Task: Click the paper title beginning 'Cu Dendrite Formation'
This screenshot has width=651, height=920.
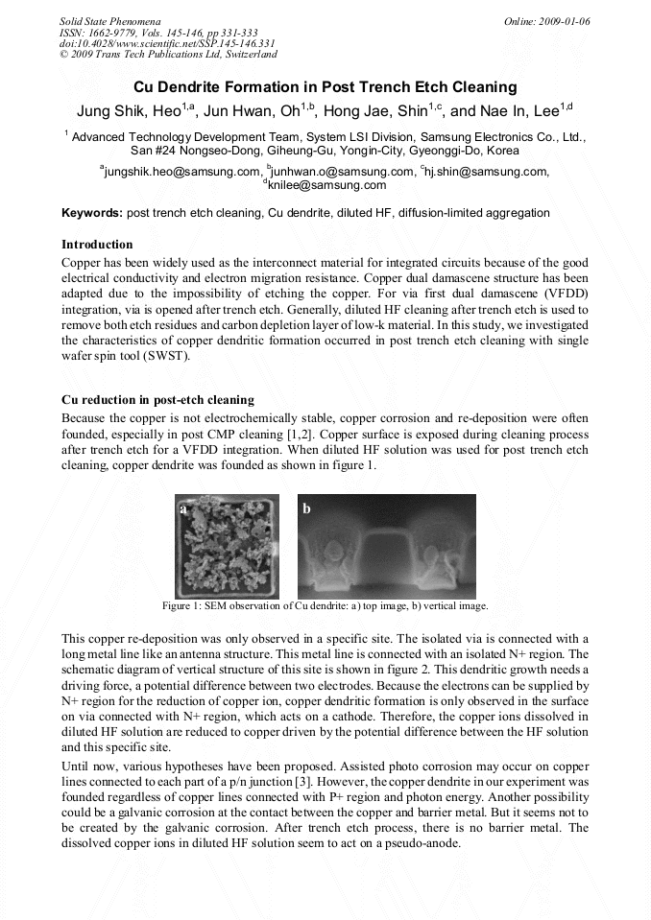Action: (325, 87)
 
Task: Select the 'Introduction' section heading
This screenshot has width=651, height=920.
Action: (97, 245)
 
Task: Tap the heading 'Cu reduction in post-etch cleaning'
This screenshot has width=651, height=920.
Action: (157, 400)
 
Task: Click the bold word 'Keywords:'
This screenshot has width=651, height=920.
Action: (92, 212)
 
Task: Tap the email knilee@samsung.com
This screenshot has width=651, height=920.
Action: (327, 185)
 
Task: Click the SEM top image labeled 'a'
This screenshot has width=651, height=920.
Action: (227, 546)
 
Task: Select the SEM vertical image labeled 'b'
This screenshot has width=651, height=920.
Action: (386, 546)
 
